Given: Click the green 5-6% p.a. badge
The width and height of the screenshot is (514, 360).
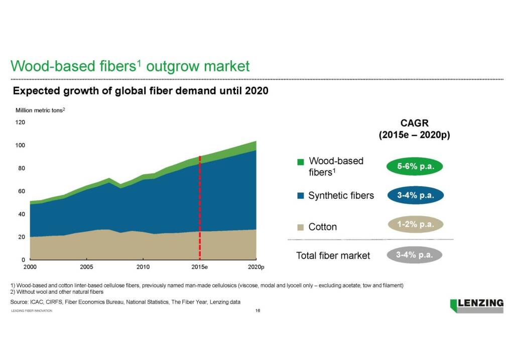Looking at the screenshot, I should click(x=415, y=167).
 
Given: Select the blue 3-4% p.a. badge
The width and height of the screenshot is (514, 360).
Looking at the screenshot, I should click(x=415, y=195).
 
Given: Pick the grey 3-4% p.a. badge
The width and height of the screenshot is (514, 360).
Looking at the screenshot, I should click(x=415, y=255).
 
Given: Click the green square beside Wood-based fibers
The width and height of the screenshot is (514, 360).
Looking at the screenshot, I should click(x=301, y=162).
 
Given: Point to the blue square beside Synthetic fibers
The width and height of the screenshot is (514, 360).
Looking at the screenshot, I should click(x=300, y=196).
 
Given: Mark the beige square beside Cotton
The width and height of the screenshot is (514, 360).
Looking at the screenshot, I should click(x=300, y=227).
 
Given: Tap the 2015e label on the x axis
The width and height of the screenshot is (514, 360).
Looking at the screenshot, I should click(x=200, y=266).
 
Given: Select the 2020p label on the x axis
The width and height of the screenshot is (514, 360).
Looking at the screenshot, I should click(x=256, y=266).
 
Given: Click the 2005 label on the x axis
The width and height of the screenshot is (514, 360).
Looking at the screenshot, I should click(x=87, y=266).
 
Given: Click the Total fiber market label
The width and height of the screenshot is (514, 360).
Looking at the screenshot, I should click(x=333, y=256).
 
